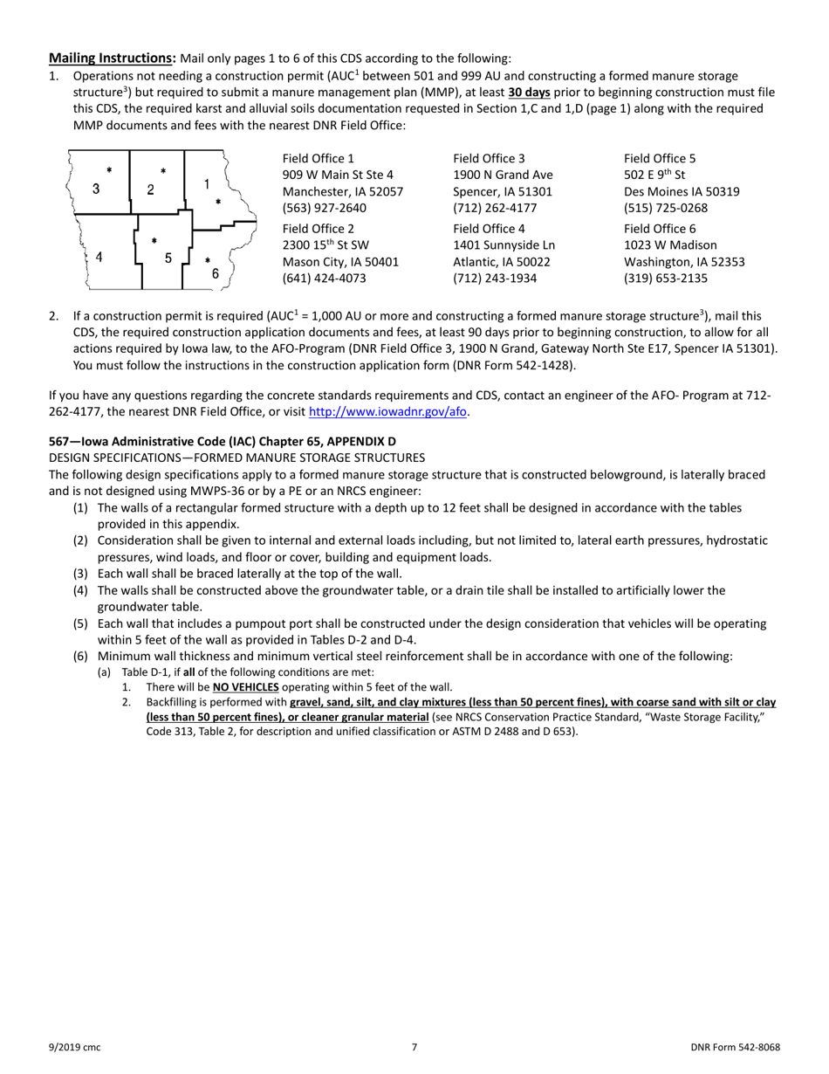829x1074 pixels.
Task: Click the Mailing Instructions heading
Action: click(x=112, y=59)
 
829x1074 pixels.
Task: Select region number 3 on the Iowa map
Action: click(x=96, y=189)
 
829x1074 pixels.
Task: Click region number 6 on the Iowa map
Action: click(x=216, y=273)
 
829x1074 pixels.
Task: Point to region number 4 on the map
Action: click(x=99, y=258)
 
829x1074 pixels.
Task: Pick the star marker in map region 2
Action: click(x=163, y=172)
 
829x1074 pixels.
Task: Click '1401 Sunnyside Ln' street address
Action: click(x=504, y=245)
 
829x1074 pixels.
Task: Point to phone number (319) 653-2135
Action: click(x=666, y=279)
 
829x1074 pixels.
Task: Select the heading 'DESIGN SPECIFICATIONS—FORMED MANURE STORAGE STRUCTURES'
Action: click(x=236, y=458)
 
